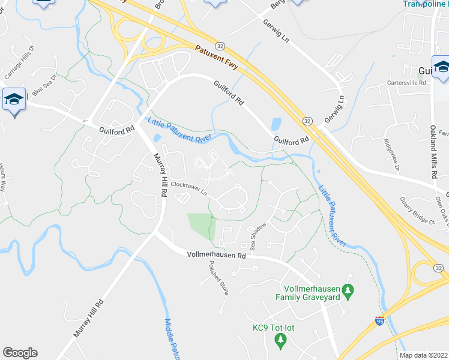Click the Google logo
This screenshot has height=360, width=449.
[20, 353]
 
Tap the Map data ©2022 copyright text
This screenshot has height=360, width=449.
[424, 355]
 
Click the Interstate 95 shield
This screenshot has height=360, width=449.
[379, 321]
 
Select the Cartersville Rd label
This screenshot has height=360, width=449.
[406, 82]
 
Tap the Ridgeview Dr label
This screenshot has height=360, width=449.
[391, 155]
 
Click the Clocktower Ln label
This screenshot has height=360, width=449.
[188, 188]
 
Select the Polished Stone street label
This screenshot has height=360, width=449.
[217, 278]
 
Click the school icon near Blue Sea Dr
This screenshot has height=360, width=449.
[13, 98]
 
